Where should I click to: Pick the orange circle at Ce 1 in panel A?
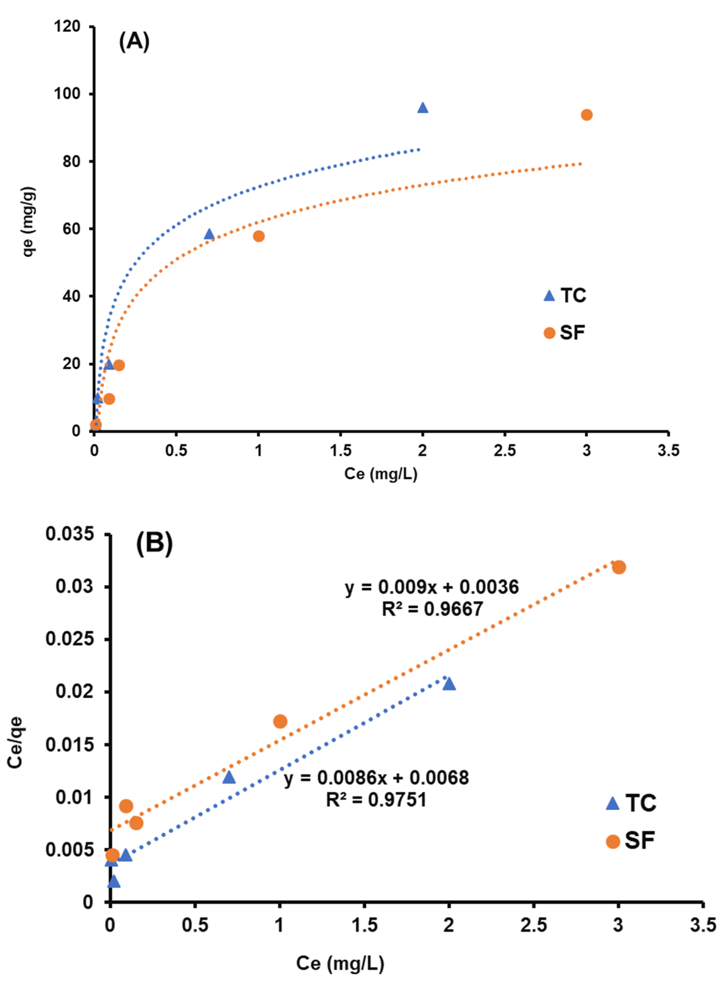coord(259,236)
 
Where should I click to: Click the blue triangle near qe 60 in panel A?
coord(209,234)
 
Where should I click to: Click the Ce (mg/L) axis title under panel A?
coord(380,474)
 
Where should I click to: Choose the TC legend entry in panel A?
coord(564,296)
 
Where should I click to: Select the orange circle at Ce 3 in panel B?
coord(618,567)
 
